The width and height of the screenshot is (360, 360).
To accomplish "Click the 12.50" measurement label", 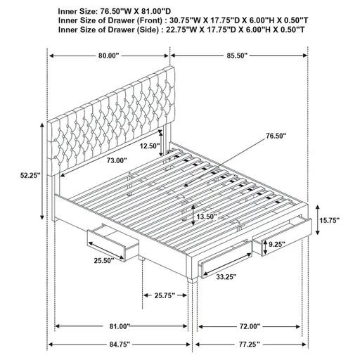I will coord(150,146).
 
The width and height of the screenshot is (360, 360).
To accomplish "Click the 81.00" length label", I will coord(120,326).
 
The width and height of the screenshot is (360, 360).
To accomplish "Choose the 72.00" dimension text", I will coord(250,326).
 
